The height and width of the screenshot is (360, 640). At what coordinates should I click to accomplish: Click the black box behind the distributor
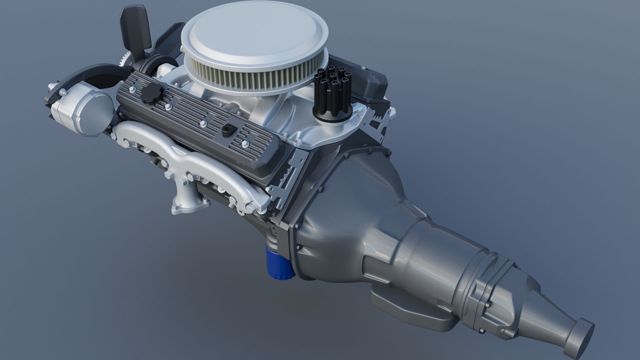[x=373, y=83]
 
